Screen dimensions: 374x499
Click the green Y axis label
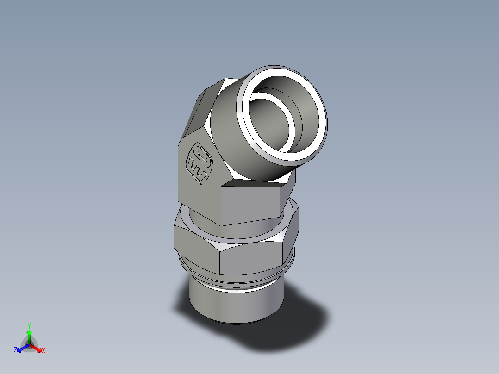(29, 325)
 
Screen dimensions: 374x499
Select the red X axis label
(44, 351)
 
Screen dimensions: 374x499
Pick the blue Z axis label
(15, 351)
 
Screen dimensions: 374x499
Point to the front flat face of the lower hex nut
(250, 259)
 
